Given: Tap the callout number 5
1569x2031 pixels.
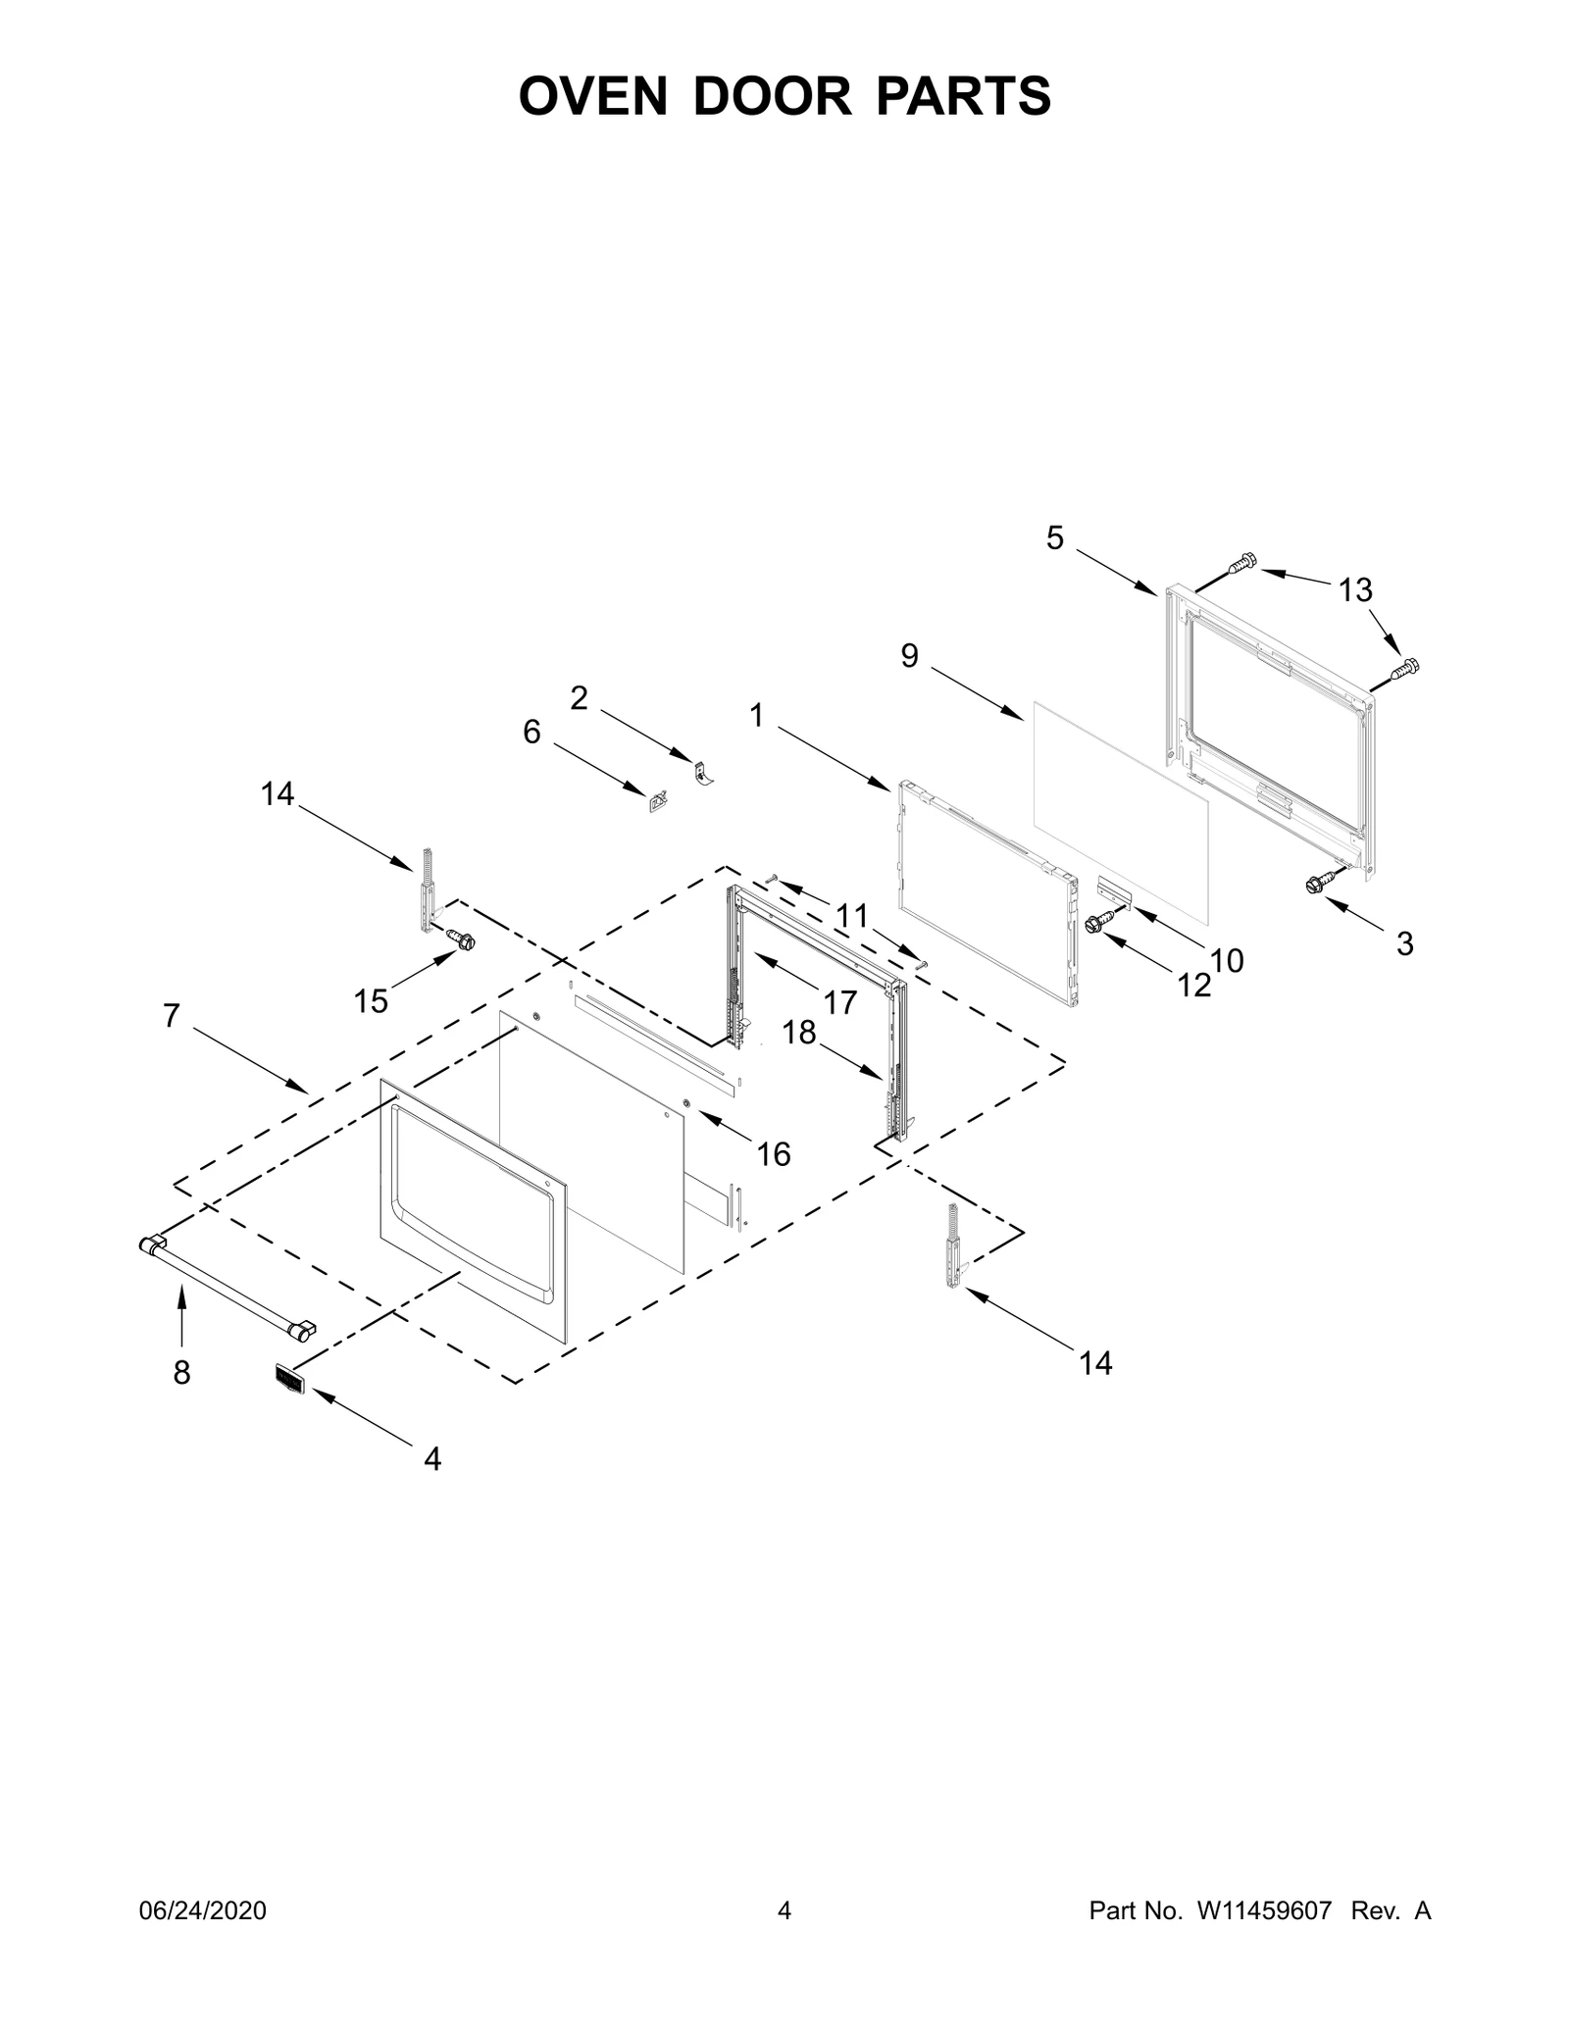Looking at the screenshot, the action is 1054,537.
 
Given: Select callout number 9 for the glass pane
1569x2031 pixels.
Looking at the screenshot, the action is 910,656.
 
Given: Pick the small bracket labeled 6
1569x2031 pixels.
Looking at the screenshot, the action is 656,802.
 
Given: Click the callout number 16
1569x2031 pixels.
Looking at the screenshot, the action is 774,1154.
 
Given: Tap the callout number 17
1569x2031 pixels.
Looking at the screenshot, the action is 840,1001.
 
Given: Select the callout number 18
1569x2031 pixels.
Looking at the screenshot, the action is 800,1033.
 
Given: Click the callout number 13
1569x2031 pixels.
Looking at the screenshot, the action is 1356,590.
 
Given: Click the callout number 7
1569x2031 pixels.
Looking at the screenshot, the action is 172,1016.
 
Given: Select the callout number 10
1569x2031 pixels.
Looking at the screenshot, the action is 1227,960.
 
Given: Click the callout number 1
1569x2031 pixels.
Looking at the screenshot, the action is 756,716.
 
